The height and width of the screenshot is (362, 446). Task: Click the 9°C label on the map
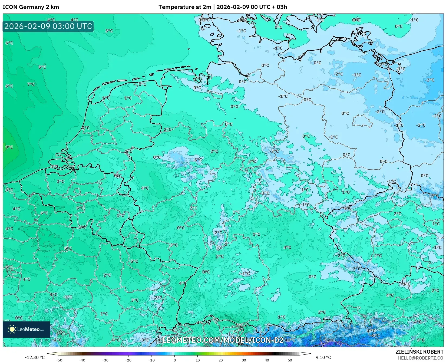tap(9, 147)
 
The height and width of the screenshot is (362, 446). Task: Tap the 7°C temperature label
tap(31, 84)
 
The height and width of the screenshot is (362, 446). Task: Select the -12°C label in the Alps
tap(329, 340)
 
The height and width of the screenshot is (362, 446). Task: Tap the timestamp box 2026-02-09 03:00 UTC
tap(48, 27)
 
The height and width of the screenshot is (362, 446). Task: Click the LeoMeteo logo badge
tap(27, 329)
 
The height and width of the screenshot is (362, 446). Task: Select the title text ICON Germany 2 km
tap(31, 7)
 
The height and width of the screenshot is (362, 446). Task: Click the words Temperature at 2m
tap(185, 7)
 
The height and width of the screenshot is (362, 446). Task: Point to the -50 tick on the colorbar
tap(59, 360)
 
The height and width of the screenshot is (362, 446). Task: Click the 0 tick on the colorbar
tap(174, 360)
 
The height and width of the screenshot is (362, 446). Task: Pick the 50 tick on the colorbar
tap(290, 360)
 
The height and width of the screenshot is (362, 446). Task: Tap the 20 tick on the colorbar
tap(221, 360)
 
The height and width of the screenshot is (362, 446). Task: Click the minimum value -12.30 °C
tap(35, 357)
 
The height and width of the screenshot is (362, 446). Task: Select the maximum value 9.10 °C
tap(323, 357)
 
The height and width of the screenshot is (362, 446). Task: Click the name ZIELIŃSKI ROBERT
tap(419, 352)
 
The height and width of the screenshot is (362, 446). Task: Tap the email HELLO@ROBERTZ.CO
tap(421, 358)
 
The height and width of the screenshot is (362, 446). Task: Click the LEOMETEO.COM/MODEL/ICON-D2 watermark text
tap(223, 340)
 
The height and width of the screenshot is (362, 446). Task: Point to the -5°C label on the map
tap(435, 196)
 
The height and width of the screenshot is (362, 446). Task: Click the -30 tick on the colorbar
tap(105, 360)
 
